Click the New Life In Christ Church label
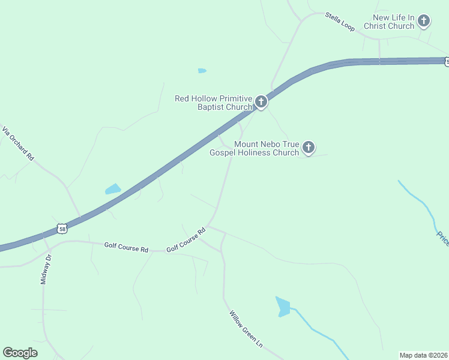tap(393, 22)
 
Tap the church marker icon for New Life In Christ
tap(424, 22)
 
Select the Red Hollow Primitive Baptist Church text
tap(213, 103)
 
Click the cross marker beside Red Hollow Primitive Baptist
tap(261, 102)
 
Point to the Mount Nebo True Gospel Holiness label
tap(254, 148)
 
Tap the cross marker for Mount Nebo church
tap(309, 148)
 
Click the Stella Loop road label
tap(340, 21)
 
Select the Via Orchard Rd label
tap(17, 143)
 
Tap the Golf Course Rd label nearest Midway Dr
tap(126, 247)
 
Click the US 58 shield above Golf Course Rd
tap(62, 229)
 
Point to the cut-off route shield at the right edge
tap(446, 61)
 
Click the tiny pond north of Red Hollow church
tap(202, 71)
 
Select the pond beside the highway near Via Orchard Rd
tap(113, 189)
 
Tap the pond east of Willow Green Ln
tap(283, 307)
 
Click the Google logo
tap(20, 353)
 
